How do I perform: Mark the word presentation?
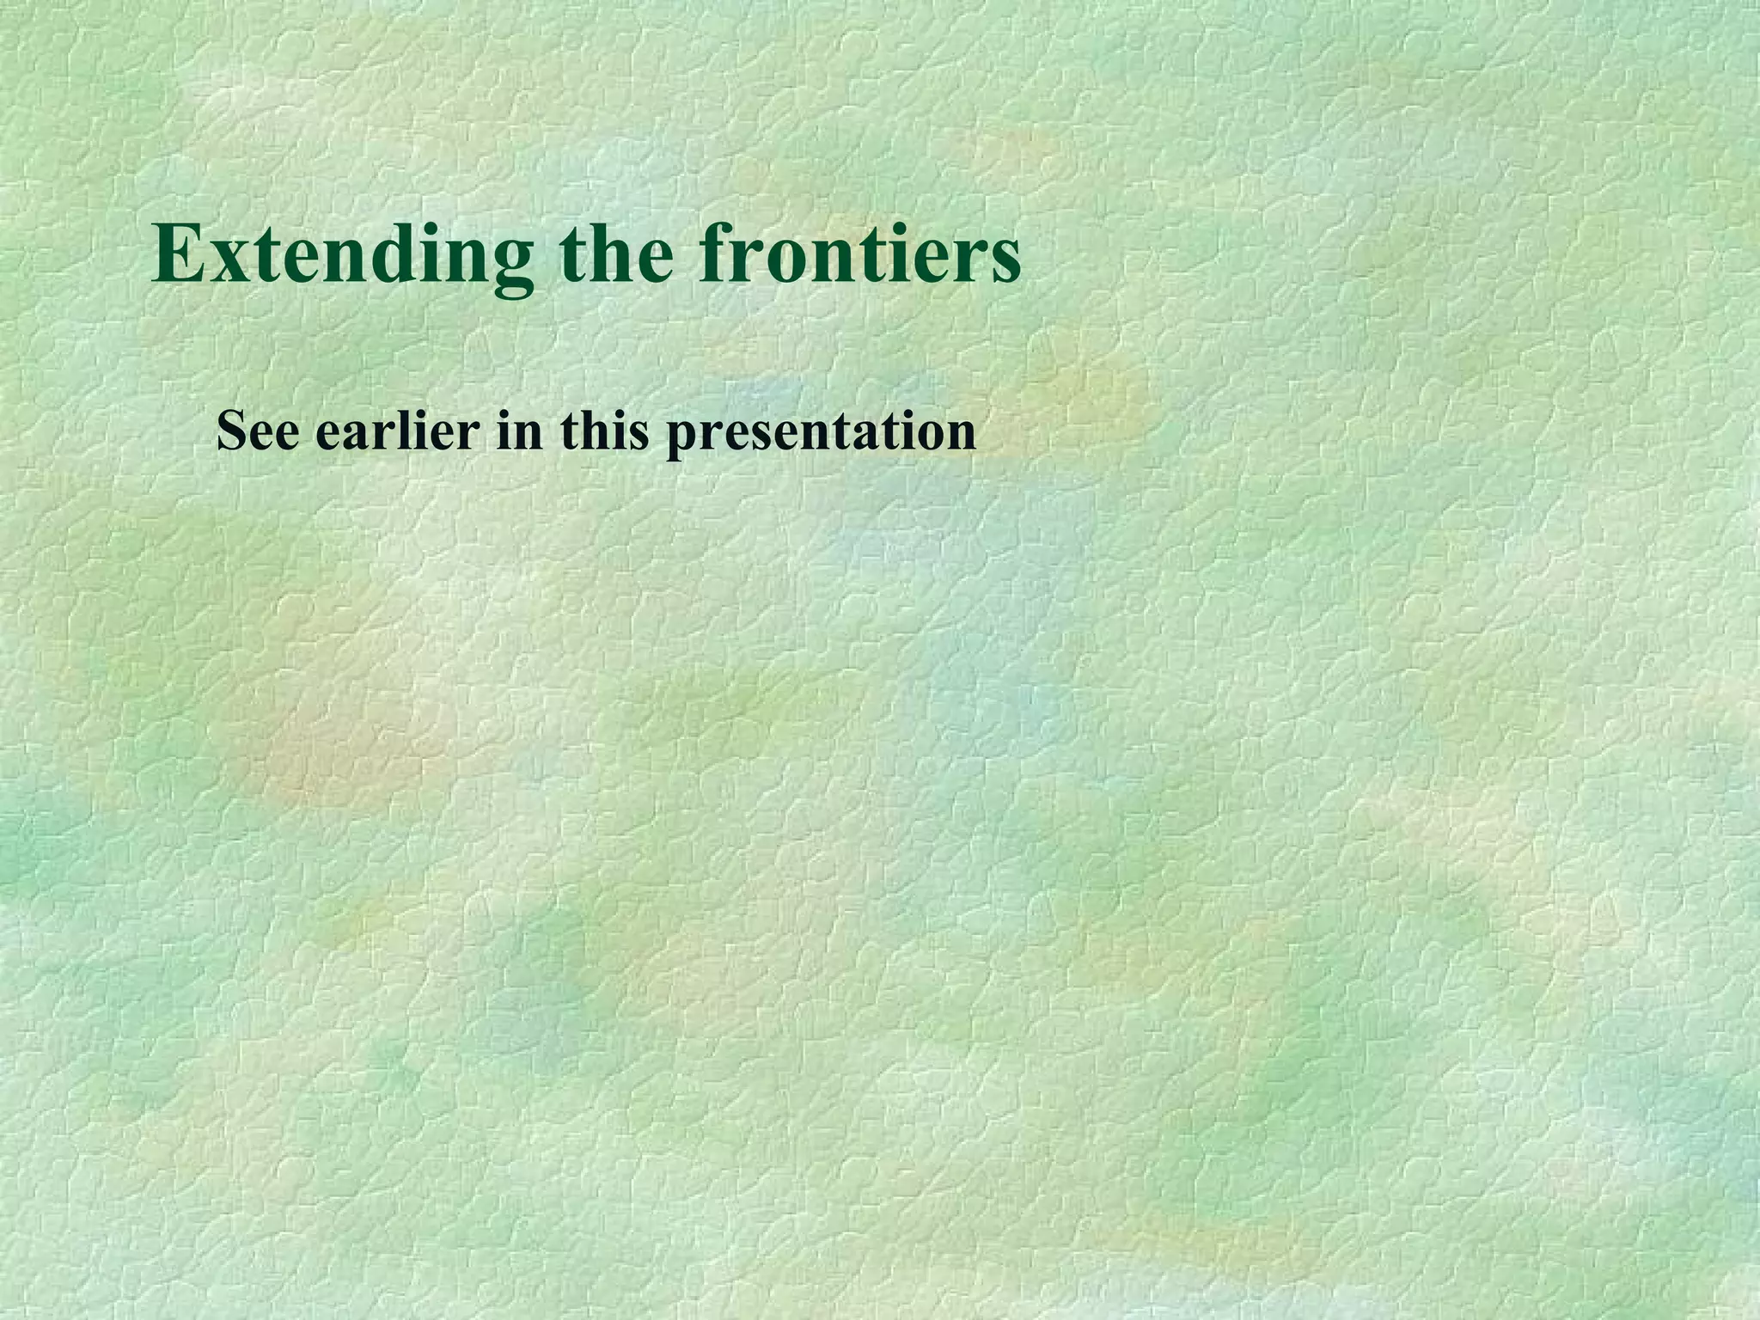(x=822, y=432)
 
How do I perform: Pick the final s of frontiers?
(x=1003, y=262)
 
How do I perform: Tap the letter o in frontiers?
(x=785, y=262)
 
